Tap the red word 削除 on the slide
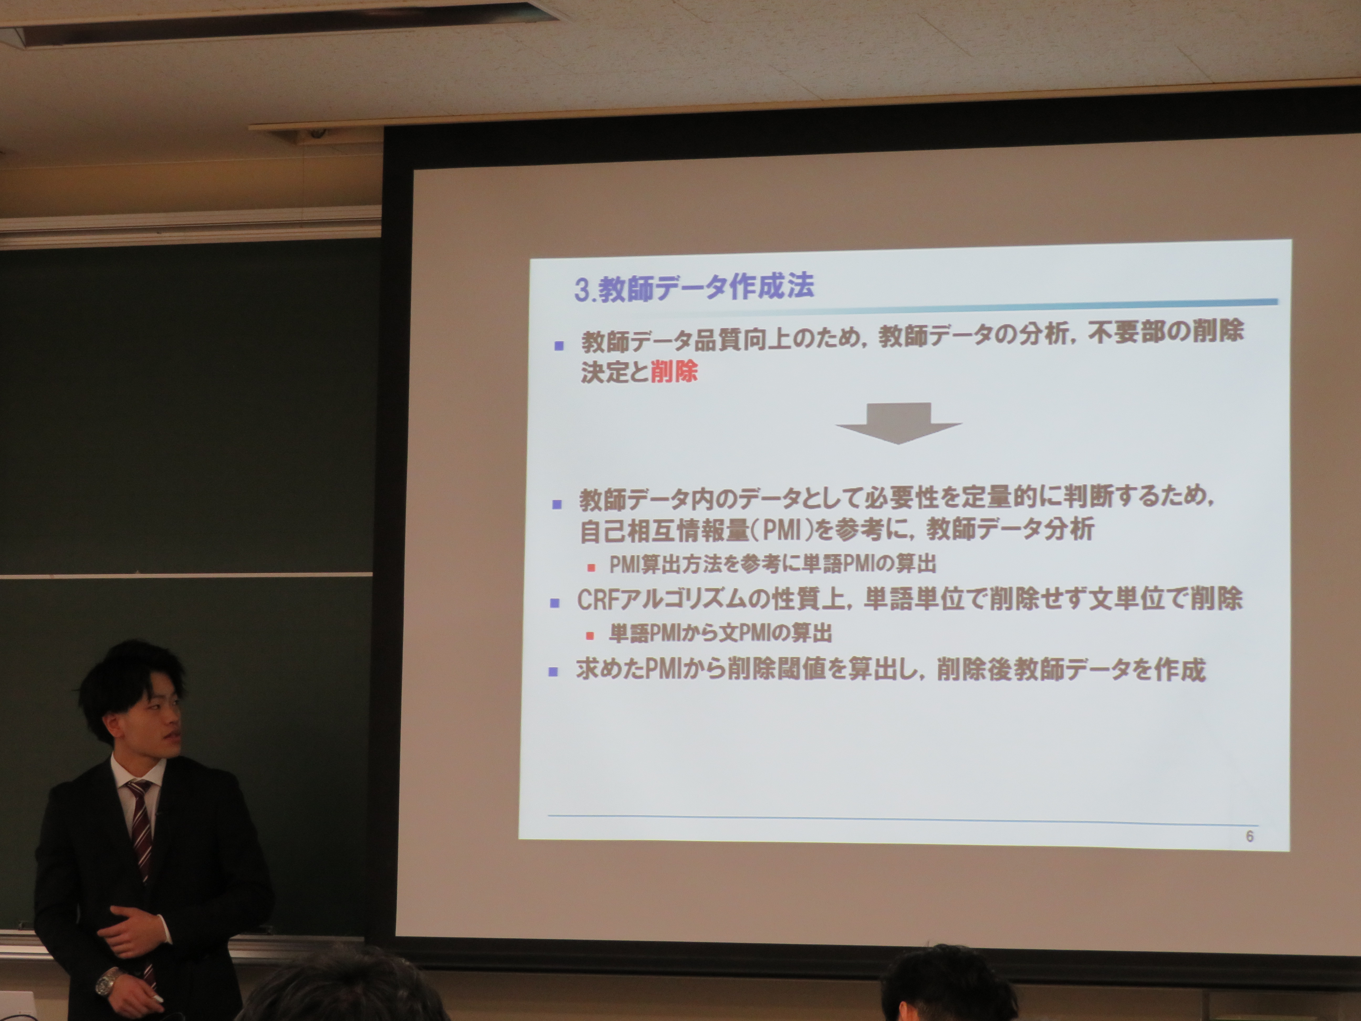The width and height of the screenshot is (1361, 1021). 674,372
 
